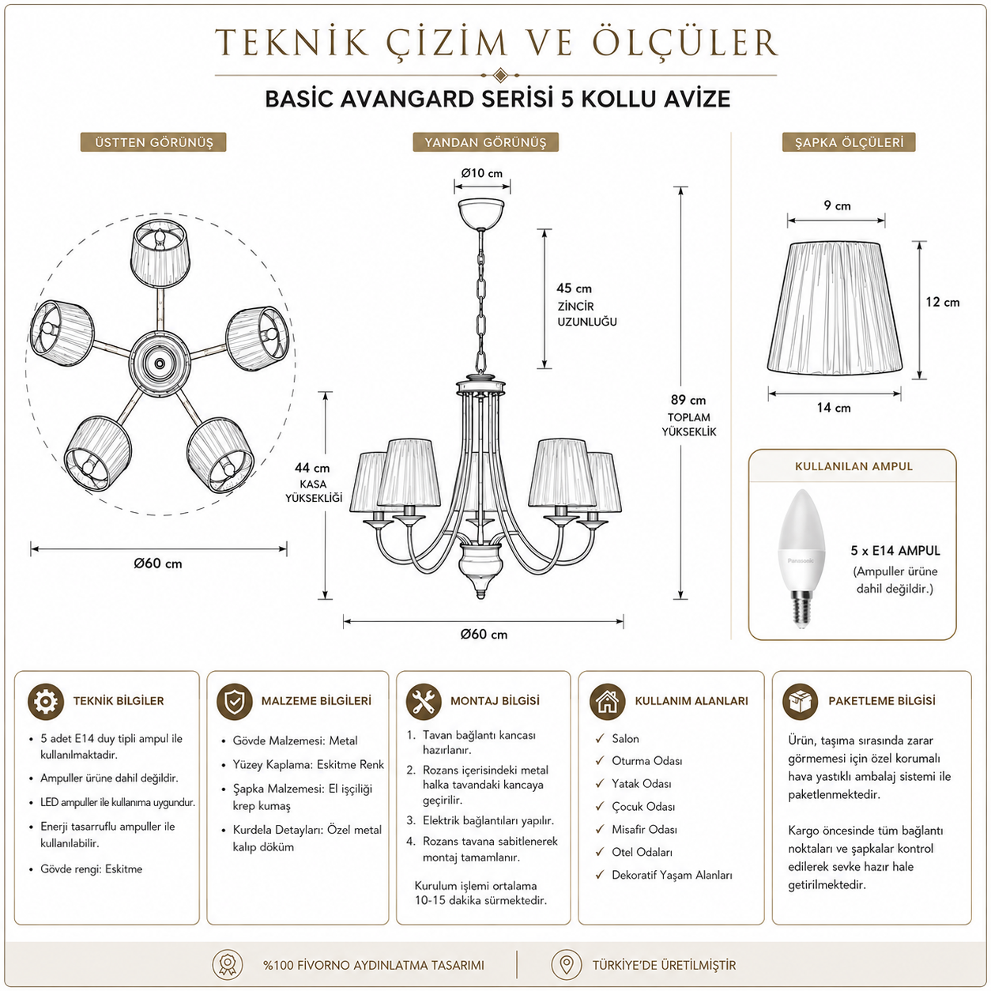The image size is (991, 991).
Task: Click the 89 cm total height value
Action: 688,400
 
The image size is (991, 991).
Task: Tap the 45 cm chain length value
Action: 574,288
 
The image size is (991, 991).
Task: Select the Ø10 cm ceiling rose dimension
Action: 481,173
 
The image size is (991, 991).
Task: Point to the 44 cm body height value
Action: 311,468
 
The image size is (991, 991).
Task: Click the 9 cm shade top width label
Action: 837,205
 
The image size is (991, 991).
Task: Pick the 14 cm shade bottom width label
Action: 834,408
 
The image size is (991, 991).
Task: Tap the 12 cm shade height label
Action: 942,303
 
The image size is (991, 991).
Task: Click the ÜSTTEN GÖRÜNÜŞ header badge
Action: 153,142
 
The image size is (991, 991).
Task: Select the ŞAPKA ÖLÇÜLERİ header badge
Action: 849,142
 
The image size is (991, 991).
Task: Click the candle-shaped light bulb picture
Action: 801,557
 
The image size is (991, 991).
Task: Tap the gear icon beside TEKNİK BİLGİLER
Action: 45,701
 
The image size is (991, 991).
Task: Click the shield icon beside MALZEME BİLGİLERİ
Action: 234,701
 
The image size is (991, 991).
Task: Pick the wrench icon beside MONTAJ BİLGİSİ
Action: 424,701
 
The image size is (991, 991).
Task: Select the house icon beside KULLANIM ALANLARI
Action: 608,701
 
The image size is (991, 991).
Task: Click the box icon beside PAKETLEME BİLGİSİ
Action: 801,701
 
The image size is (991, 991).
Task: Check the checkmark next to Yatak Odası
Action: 599,783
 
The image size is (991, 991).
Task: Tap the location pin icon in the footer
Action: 566,965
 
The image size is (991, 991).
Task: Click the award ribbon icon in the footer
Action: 228,965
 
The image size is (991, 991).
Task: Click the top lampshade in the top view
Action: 161,253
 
